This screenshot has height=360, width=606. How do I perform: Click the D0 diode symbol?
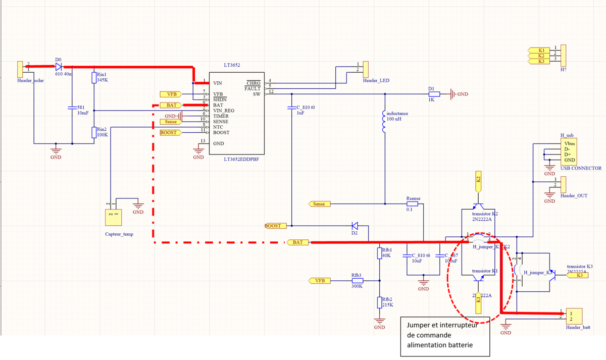(x=58, y=66)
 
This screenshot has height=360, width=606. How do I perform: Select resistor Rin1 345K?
(x=94, y=78)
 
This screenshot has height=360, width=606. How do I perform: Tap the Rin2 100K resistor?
(x=94, y=132)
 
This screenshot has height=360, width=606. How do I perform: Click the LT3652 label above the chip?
(x=232, y=66)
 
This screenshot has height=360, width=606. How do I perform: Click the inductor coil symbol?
(x=385, y=122)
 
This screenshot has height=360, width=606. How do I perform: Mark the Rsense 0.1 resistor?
(x=413, y=204)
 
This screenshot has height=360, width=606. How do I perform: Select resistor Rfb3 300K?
(x=357, y=280)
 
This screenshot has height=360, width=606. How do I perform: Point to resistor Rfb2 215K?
(x=379, y=302)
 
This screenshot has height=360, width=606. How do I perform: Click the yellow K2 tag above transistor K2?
(x=478, y=179)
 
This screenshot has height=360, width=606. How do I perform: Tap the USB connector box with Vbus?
(x=569, y=151)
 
